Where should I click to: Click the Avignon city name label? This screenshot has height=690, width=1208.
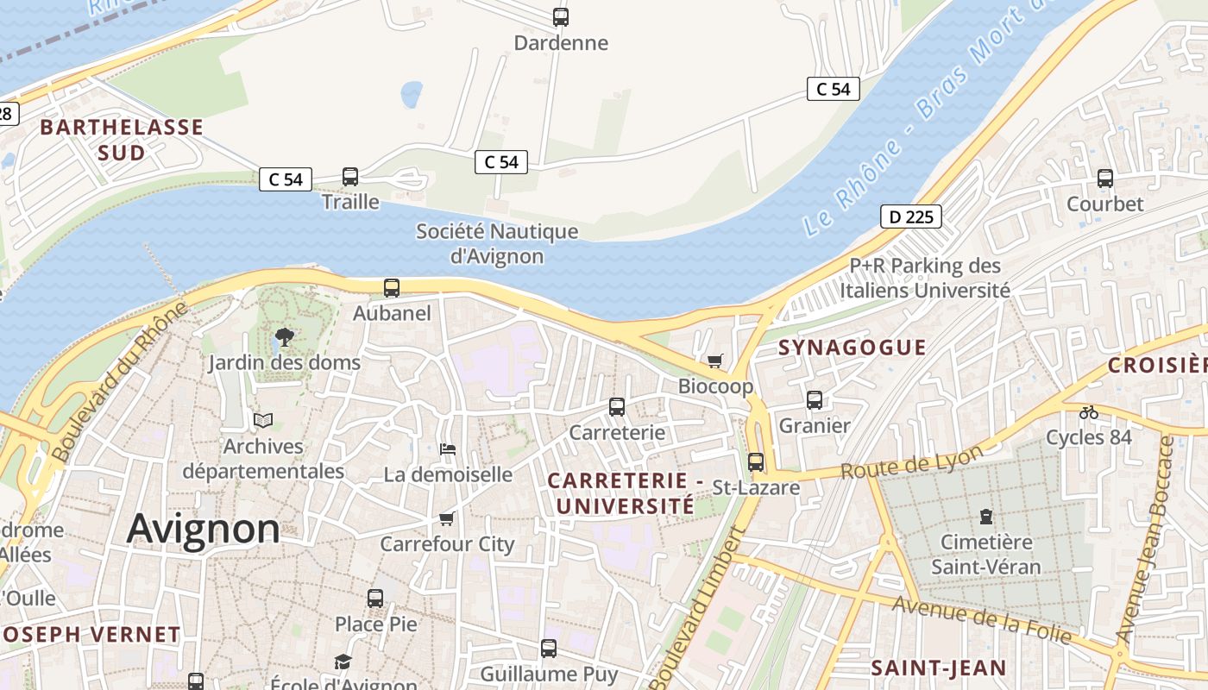204,528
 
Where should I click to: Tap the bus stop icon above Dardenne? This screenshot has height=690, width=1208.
561,16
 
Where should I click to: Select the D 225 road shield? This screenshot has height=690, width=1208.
910,216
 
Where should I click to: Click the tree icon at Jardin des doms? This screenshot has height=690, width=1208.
284,336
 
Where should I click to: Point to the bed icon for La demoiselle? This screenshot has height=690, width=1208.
448,448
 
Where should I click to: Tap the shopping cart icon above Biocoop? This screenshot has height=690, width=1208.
714,361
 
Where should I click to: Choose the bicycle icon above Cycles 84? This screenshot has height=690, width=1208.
1089,412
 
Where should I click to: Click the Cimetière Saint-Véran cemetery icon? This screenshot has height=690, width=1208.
985,517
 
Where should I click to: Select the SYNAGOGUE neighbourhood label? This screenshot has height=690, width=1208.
852,348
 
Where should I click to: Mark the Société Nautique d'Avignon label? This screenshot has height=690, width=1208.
497,244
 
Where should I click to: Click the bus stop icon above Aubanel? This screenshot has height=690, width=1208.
392,288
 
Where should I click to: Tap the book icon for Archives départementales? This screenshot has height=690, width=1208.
263,420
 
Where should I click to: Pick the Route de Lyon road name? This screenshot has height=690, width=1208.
912,463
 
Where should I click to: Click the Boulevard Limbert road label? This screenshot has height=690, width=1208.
696,609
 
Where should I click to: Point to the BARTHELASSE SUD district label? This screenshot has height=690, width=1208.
122,140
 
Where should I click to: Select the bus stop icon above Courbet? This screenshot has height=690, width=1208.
1105,179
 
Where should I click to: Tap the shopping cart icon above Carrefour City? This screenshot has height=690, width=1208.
447,518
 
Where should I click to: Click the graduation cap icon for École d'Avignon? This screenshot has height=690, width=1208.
343,662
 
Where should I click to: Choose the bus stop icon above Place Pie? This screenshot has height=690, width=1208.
375,598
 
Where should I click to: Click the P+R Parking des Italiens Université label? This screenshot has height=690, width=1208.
925,278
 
